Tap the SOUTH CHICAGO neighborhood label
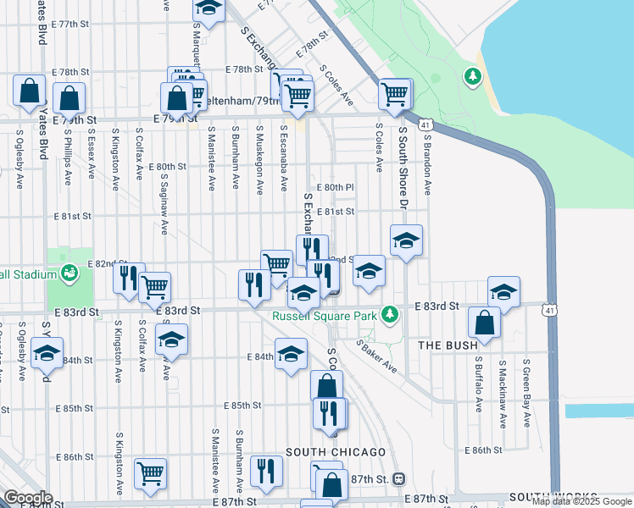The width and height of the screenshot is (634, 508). [336, 452]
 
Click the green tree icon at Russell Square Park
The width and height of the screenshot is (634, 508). [389, 315]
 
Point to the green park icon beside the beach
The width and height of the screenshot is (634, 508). [472, 77]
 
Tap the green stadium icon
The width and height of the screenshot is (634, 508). [68, 273]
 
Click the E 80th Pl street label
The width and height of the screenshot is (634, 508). [335, 187]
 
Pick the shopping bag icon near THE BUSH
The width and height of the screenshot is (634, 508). [484, 325]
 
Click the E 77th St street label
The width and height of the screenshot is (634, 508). [70, 24]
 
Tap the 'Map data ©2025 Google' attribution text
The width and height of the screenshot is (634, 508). [581, 502]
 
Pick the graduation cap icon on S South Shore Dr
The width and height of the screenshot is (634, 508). [406, 241]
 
